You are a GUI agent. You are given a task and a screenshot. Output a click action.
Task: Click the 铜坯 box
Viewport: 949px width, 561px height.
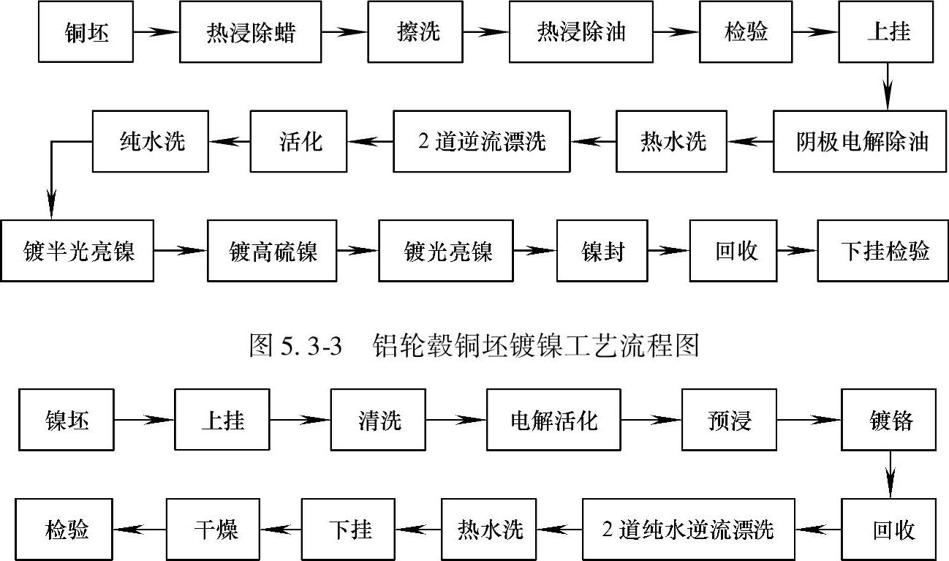tap(86, 33)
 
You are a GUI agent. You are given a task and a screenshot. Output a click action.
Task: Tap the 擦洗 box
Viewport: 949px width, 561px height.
tap(415, 33)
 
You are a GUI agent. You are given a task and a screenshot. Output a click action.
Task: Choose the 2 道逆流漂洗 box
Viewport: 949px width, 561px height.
tap(482, 141)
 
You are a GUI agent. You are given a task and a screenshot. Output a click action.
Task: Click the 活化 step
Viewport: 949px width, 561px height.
tap(300, 141)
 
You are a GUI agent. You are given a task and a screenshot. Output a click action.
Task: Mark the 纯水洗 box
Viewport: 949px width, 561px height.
tap(151, 141)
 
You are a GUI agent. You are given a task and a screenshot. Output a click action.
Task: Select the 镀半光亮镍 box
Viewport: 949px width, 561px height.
tap(77, 251)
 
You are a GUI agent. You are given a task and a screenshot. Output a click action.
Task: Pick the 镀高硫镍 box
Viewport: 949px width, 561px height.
tap(272, 251)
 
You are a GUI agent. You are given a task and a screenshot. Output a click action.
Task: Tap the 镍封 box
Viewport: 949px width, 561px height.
tap(602, 251)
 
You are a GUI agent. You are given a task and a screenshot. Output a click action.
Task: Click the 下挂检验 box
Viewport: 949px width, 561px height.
tap(883, 251)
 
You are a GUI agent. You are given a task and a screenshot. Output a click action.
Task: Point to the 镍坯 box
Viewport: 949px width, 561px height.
tap(67, 420)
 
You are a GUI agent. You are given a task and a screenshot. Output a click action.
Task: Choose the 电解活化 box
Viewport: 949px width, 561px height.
tap(553, 420)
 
